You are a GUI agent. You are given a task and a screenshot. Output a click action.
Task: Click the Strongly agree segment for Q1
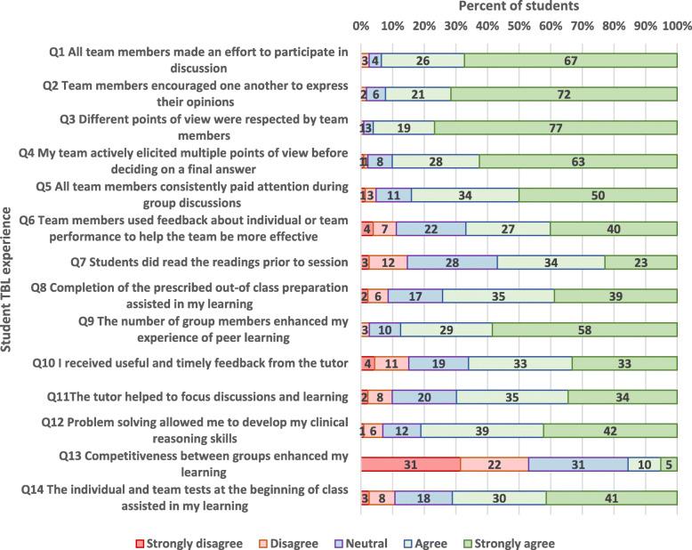(570, 61)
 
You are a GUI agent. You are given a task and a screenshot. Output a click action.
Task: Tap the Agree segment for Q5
(465, 195)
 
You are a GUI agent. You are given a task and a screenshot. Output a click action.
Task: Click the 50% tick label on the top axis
(519, 26)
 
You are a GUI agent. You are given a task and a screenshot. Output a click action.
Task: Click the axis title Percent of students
(519, 7)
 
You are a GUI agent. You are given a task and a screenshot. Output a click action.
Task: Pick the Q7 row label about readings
(209, 263)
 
